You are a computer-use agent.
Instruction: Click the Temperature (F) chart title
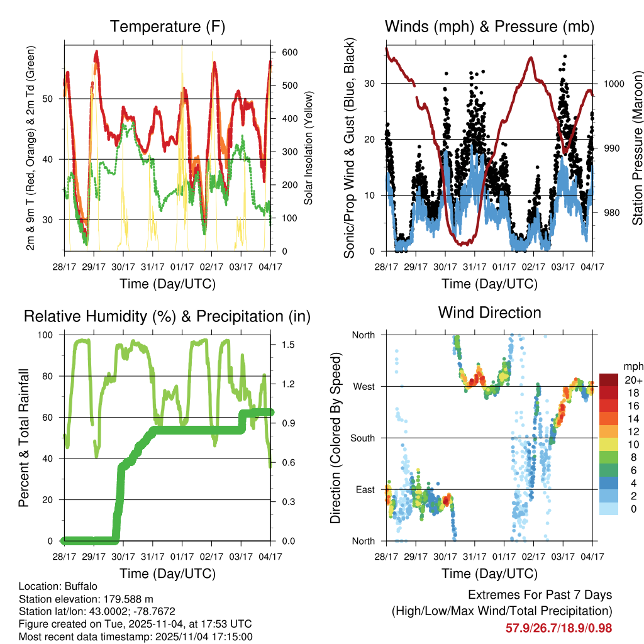coord(167,27)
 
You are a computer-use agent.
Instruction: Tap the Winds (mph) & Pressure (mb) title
coord(489,27)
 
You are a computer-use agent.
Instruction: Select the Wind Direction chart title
coord(489,313)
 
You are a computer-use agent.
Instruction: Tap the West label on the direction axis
coord(364,386)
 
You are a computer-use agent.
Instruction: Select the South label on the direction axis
coord(362,438)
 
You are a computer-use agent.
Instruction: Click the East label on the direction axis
coord(365,489)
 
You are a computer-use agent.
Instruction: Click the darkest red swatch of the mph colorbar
coord(609,380)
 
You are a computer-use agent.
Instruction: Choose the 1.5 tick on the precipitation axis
coord(282,345)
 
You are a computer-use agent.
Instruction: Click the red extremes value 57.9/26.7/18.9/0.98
coord(558,628)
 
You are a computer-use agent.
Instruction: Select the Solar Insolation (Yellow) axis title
coord(309,148)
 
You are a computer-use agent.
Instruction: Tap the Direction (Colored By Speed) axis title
coord(335,438)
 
